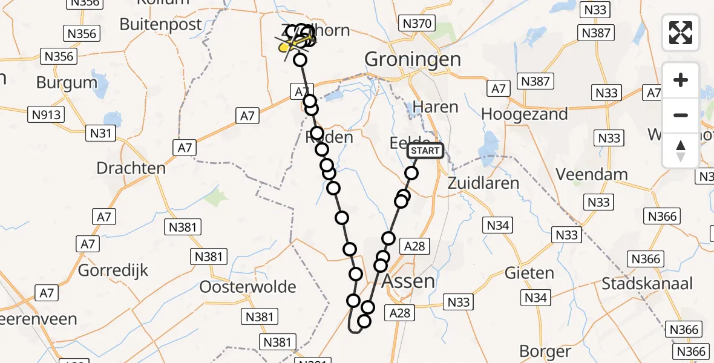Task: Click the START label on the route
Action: coord(426,151)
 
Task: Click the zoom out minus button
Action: coord(681,115)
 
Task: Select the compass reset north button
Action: coord(681,151)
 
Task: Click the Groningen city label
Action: coord(413,59)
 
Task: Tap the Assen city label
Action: coord(408,281)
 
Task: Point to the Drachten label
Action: coord(131,168)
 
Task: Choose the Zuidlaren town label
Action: coord(484,183)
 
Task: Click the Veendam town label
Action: coord(592,174)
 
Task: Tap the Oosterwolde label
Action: coord(248,287)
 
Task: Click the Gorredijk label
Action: coord(113,270)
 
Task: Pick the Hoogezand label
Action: coord(525,114)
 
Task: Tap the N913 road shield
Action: coord(46,113)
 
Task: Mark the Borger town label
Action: coord(545,351)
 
